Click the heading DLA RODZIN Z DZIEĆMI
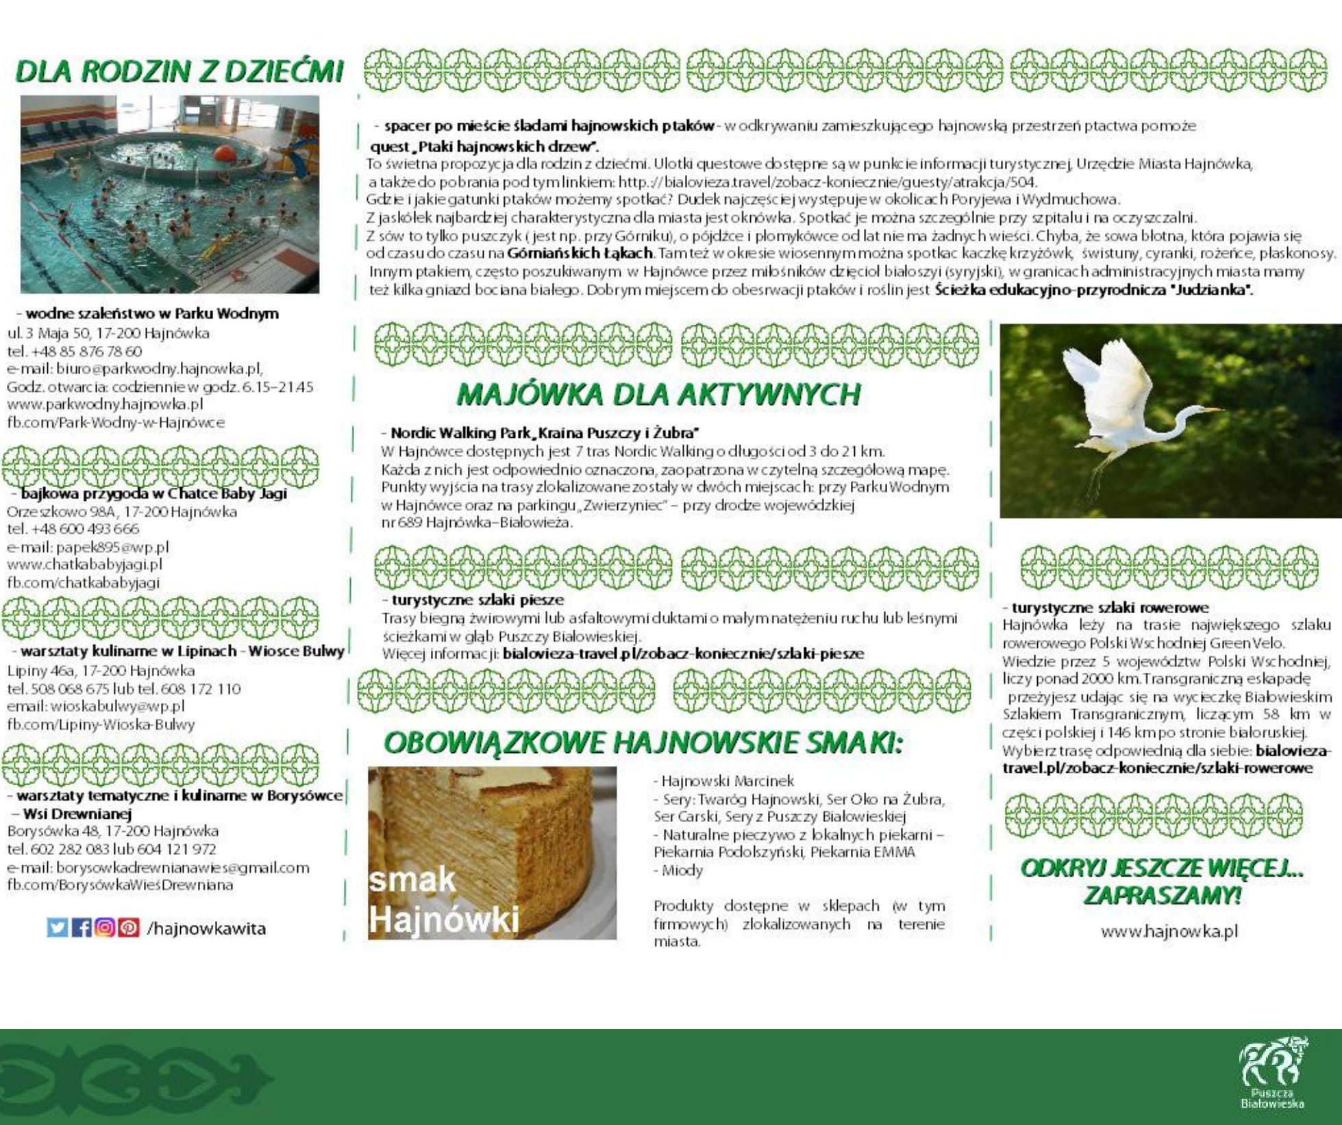(x=179, y=71)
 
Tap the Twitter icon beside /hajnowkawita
(x=58, y=928)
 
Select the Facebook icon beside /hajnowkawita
(x=82, y=928)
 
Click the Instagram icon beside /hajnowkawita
(x=105, y=928)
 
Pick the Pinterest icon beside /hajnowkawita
(x=128, y=928)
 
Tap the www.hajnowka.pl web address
(x=1169, y=931)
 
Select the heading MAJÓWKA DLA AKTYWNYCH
(x=658, y=395)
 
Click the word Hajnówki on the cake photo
(x=444, y=919)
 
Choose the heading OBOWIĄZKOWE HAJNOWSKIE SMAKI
(x=643, y=743)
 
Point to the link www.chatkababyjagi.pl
(x=84, y=565)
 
